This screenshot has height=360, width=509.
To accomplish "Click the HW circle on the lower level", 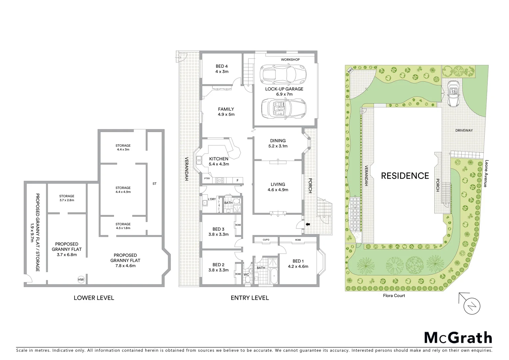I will click(81, 279).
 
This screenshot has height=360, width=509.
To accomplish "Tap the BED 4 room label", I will click(222, 69).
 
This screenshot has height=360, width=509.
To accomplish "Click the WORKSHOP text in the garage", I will click(290, 60).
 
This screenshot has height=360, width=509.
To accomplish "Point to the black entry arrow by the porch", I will click(307, 224).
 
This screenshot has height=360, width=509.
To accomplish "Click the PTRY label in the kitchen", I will click(207, 179).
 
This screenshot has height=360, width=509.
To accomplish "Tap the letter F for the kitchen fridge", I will click(238, 181).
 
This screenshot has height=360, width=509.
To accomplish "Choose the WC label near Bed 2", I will click(247, 275).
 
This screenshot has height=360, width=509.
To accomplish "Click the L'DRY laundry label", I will click(212, 199).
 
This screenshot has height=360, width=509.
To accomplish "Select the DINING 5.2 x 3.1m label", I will click(278, 143).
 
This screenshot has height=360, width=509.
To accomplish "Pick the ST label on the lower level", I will click(155, 184).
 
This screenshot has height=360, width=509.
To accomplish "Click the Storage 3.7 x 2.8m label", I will click(67, 198).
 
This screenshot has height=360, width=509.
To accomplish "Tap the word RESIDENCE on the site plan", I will click(405, 176).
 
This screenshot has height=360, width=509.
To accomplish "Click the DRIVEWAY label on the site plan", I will click(464, 130).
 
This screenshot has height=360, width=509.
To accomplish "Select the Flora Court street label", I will click(394, 295).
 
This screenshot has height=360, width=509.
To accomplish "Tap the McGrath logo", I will click(458, 338).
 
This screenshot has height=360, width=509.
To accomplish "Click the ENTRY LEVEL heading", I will click(250, 298).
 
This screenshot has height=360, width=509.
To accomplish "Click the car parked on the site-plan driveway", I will click(453, 93).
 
